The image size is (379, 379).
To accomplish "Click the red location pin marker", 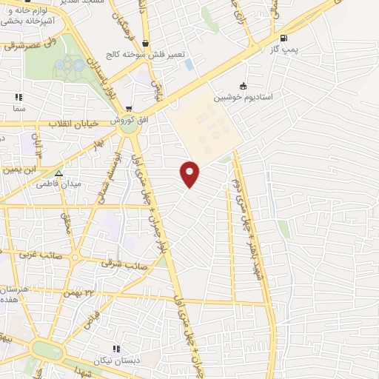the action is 190,173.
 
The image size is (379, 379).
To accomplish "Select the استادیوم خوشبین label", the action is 244,97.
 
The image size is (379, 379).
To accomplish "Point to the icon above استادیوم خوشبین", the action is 244,86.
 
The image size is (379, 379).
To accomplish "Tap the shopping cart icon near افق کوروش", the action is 130,108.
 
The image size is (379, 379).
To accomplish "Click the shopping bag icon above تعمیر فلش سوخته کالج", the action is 145,43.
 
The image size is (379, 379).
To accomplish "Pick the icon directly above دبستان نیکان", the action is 115,349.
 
